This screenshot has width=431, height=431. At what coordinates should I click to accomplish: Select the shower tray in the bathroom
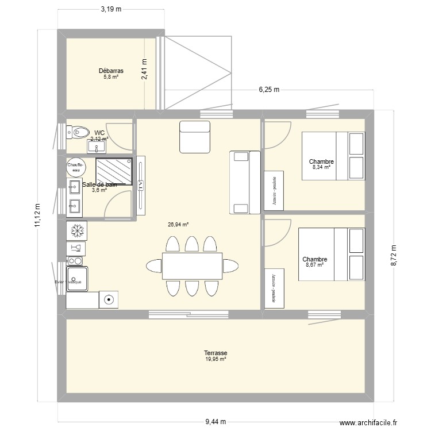tap(114, 171)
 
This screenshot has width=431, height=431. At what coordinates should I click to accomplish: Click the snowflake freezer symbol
tap(76, 230)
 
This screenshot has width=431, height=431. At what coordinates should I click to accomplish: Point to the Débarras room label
tap(111, 71)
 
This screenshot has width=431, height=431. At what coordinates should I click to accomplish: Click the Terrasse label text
tap(215, 353)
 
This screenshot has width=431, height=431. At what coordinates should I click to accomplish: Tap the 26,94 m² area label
tap(179, 225)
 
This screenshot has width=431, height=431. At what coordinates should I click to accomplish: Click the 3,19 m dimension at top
tap(111, 10)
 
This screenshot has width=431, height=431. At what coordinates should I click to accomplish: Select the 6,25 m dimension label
tap(268, 89)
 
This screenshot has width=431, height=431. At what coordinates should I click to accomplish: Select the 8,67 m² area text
tap(314, 265)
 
